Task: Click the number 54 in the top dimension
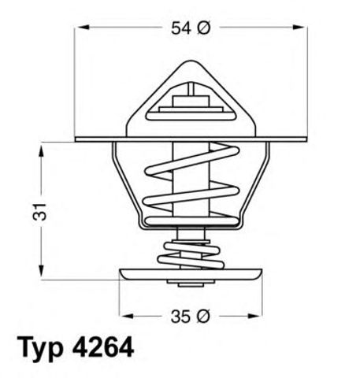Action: [x=180, y=28]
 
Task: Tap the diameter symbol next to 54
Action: [x=202, y=28]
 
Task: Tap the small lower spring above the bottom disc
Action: [x=188, y=253]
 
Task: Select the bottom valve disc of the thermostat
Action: [x=190, y=276]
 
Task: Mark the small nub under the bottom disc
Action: [x=188, y=284]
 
